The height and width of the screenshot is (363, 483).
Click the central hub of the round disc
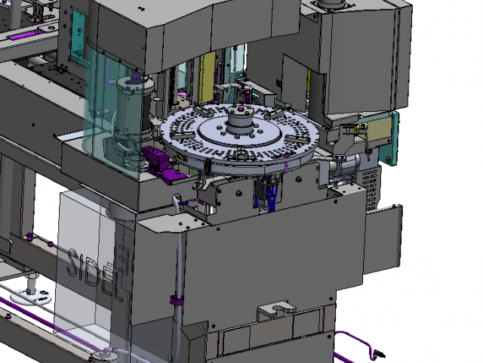(240, 121)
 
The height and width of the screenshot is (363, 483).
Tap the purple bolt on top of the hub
(240, 109)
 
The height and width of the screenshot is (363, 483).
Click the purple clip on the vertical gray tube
(177, 299)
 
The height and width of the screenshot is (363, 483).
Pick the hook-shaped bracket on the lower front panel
(276, 309)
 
